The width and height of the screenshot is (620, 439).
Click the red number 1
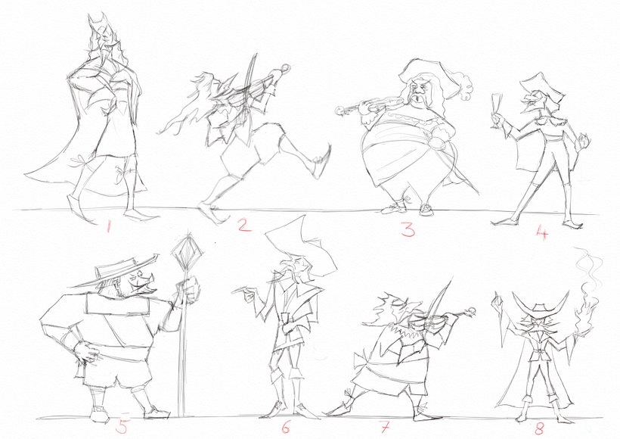109,225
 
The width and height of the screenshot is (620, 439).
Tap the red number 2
243,224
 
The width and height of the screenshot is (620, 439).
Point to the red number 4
541,232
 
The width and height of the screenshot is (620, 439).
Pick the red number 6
285,428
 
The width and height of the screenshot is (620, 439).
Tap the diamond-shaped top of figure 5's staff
184,248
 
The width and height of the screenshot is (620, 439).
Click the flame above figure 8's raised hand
584,303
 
